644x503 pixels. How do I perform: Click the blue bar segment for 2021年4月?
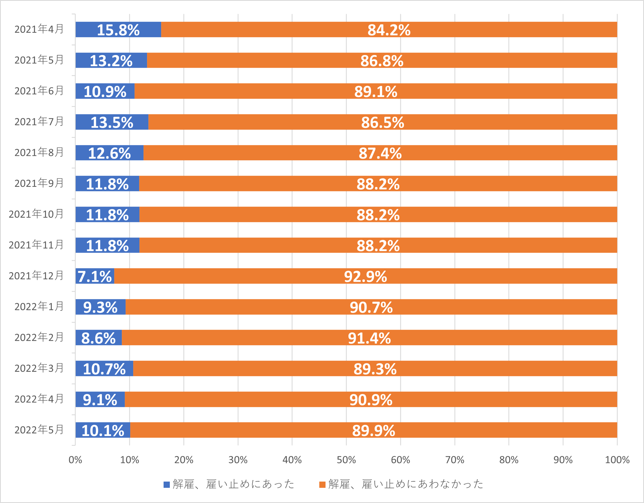pyautogui.click(x=118, y=30)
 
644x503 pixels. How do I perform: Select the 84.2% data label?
pyautogui.click(x=389, y=30)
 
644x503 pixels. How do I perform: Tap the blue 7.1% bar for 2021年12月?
pyautogui.click(x=95, y=276)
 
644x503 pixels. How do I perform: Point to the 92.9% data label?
pyautogui.click(x=365, y=276)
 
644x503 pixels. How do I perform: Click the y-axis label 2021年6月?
pyautogui.click(x=39, y=91)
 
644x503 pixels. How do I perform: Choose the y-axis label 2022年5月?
pyautogui.click(x=39, y=430)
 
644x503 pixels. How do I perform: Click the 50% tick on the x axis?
pyautogui.click(x=346, y=460)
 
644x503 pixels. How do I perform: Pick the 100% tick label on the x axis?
pyautogui.click(x=617, y=460)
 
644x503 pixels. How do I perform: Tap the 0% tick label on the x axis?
pyautogui.click(x=75, y=460)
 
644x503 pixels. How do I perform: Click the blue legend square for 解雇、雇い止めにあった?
pyautogui.click(x=167, y=485)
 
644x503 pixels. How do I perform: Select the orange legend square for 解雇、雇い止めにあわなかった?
pyautogui.click(x=322, y=485)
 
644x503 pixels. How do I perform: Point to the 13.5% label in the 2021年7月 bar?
pyautogui.click(x=112, y=122)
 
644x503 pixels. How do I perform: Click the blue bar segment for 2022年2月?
pyautogui.click(x=98, y=338)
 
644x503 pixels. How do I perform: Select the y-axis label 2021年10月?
pyautogui.click(x=36, y=214)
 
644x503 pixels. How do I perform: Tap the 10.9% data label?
pyautogui.click(x=105, y=91)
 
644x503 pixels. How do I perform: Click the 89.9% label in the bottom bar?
pyautogui.click(x=373, y=431)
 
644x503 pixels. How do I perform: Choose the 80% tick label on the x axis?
pyautogui.click(x=509, y=460)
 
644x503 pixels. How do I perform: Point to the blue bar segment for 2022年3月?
pyautogui.click(x=104, y=369)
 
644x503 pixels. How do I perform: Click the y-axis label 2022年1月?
pyautogui.click(x=39, y=306)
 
